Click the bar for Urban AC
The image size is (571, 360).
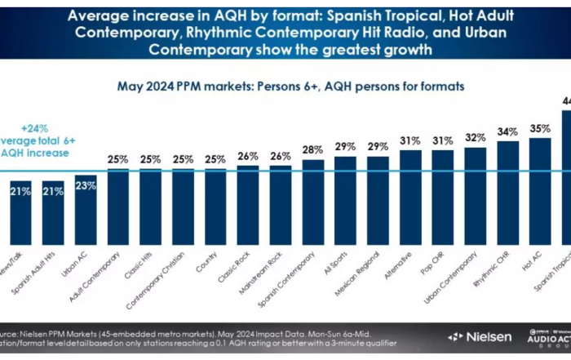(86, 200)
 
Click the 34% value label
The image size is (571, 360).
(508, 131)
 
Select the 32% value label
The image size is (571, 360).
(476, 137)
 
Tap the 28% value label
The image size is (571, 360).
(313, 149)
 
